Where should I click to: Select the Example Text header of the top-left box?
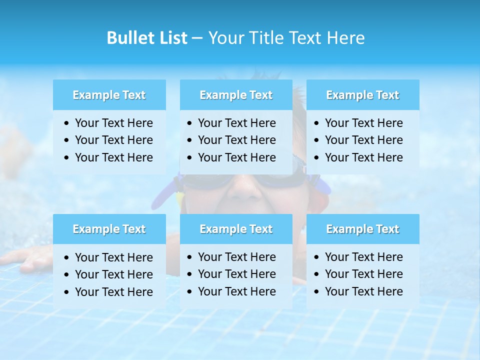click(x=109, y=95)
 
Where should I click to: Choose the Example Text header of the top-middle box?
click(x=236, y=95)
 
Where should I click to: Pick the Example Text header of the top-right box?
click(x=362, y=95)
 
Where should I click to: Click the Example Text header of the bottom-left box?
click(x=109, y=229)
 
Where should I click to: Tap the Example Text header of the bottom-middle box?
click(x=236, y=229)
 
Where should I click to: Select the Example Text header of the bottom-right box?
click(x=362, y=229)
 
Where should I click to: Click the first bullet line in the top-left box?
click(x=113, y=123)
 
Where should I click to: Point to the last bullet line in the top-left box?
click(x=113, y=157)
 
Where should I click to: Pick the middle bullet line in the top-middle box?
click(x=236, y=140)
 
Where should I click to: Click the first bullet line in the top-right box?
click(x=363, y=123)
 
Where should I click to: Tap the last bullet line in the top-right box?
click(x=363, y=157)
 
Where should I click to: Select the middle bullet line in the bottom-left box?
click(x=113, y=274)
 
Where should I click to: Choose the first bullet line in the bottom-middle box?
click(x=236, y=257)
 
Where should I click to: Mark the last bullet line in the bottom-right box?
click(x=363, y=291)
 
